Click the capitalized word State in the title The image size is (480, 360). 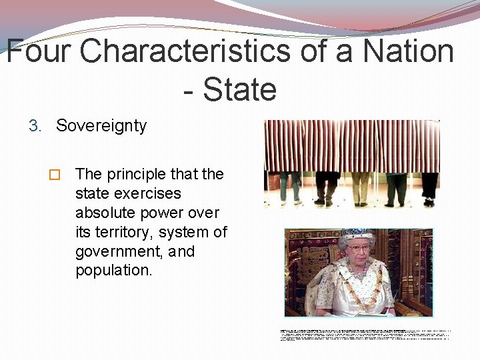(239, 89)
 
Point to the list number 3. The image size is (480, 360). (35, 126)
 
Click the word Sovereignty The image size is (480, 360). (101, 126)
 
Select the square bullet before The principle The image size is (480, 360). (55, 175)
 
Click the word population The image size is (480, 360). (113, 271)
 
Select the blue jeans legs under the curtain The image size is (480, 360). (289, 187)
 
